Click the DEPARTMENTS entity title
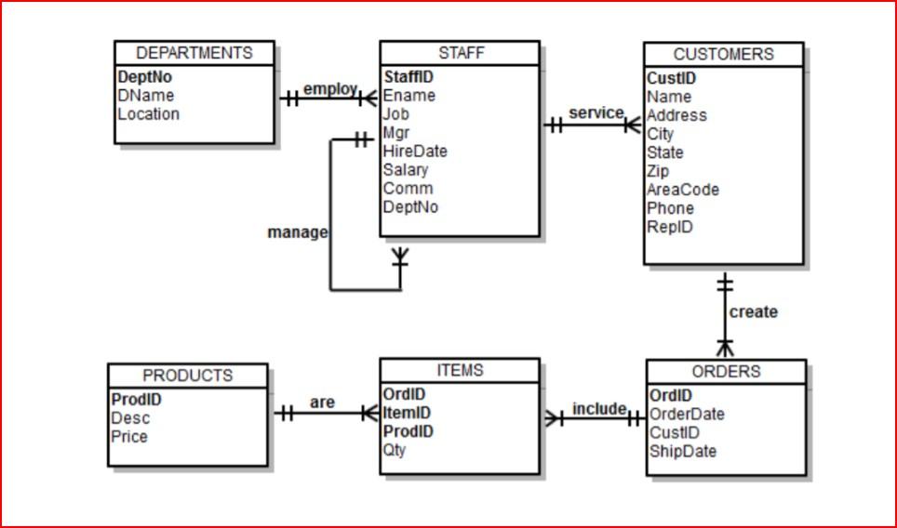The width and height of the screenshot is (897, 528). pyautogui.click(x=194, y=53)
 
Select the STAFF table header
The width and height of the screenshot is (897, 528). pyautogui.click(x=461, y=53)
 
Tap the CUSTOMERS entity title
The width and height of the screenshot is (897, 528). pyautogui.click(x=723, y=55)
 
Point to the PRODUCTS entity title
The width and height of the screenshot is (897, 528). pyautogui.click(x=187, y=376)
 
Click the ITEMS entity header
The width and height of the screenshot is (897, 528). pyautogui.click(x=460, y=370)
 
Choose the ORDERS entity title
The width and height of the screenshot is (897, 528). pyautogui.click(x=726, y=372)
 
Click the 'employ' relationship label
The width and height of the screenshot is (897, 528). pyautogui.click(x=329, y=89)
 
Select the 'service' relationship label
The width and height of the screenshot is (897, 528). pyautogui.click(x=596, y=112)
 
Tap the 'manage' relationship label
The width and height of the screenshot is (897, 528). pyautogui.click(x=297, y=232)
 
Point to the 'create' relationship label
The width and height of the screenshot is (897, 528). pyautogui.click(x=753, y=312)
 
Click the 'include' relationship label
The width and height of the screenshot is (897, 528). pyautogui.click(x=598, y=409)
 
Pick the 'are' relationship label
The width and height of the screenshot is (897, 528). pyautogui.click(x=322, y=403)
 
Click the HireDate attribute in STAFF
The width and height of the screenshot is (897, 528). pyautogui.click(x=415, y=152)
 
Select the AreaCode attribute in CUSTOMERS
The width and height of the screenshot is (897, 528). pyautogui.click(x=683, y=190)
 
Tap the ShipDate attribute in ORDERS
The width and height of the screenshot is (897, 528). pyautogui.click(x=683, y=452)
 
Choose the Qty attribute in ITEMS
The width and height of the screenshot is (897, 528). pyautogui.click(x=395, y=451)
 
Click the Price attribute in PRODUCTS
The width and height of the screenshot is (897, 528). pyautogui.click(x=129, y=437)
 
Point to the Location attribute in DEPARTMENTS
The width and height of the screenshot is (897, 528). pyautogui.click(x=148, y=114)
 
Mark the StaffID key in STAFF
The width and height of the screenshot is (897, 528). pyautogui.click(x=408, y=77)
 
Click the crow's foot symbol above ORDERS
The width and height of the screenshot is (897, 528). pyautogui.click(x=725, y=347)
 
